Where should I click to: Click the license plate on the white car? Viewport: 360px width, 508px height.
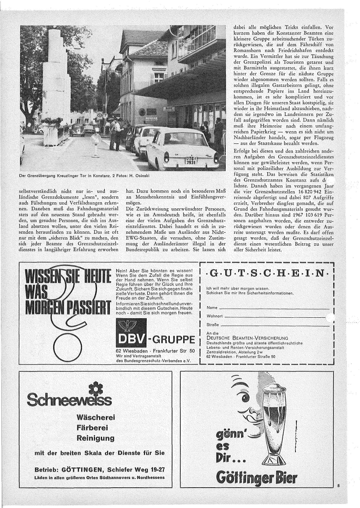click(191, 160)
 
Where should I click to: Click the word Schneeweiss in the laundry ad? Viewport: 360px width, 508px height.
click(69, 399)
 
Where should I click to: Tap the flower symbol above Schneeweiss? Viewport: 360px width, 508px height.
click(96, 386)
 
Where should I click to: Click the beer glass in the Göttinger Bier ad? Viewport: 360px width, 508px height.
click(275, 416)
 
